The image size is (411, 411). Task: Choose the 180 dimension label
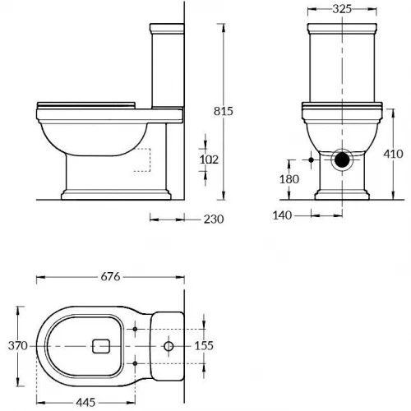pos(289,179)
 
